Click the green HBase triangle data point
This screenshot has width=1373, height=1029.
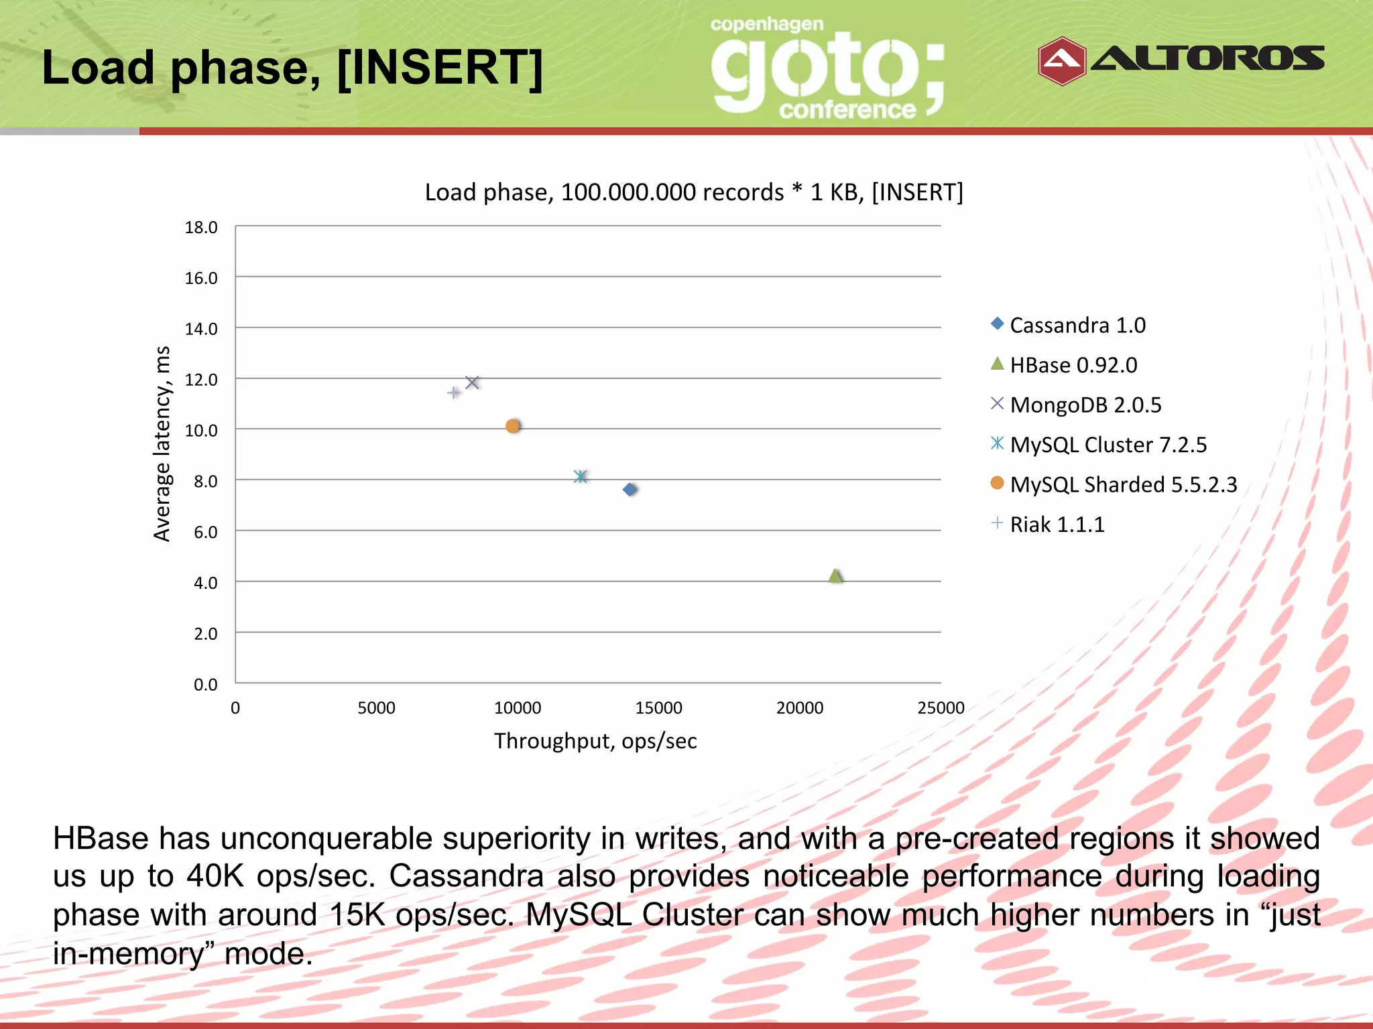click(835, 576)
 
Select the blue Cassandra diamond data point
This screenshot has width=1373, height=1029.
click(630, 490)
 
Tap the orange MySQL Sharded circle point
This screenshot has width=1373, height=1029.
click(513, 426)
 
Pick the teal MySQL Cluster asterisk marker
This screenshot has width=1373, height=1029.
click(581, 476)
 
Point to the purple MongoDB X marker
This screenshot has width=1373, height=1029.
click(472, 383)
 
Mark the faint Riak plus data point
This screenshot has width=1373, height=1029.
click(454, 393)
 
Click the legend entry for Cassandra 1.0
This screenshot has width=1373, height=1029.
click(1077, 326)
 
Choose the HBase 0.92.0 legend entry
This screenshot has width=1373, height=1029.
click(1073, 365)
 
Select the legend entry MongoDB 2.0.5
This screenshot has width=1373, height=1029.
click(1085, 405)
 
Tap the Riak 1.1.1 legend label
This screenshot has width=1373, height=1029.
click(1057, 525)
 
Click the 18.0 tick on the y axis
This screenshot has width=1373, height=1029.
click(201, 228)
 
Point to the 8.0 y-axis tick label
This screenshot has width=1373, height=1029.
click(205, 482)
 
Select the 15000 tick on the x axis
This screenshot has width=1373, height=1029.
click(658, 708)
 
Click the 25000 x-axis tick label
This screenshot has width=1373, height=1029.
click(940, 708)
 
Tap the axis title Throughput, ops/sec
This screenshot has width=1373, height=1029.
click(595, 741)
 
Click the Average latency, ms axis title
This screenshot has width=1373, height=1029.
click(162, 443)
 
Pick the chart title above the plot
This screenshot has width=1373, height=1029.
click(694, 193)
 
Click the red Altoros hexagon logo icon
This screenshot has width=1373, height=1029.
click(1061, 61)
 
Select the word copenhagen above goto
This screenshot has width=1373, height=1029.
click(766, 25)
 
